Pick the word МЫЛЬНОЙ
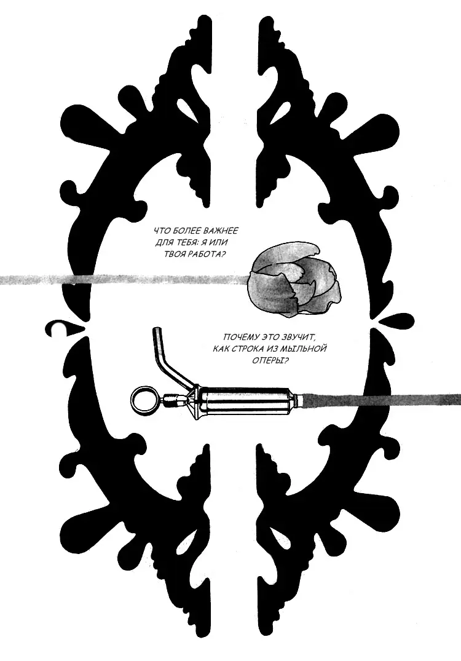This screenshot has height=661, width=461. pos(307,349)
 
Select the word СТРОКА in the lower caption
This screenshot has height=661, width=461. pos(251,349)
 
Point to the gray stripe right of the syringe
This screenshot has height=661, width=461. pos(381,400)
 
